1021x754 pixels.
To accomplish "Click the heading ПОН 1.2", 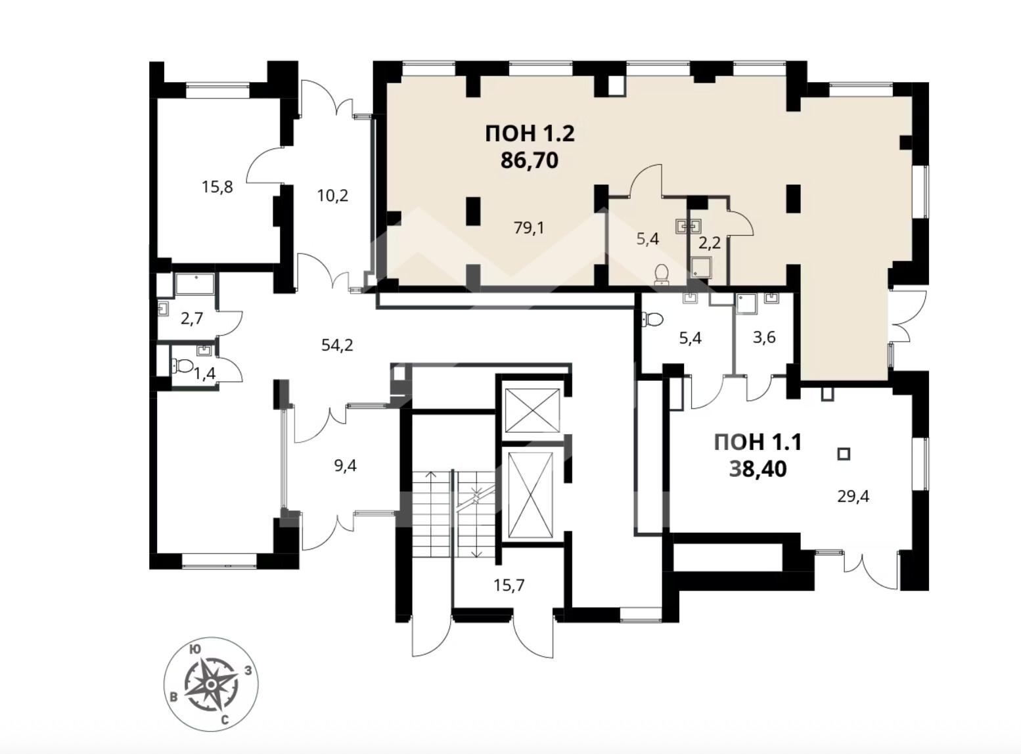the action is pyautogui.click(x=530, y=134).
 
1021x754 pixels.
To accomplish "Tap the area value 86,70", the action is pyautogui.click(x=530, y=161).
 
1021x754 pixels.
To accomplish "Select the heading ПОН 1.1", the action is pyautogui.click(x=758, y=443).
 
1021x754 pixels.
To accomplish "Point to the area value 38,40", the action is pyautogui.click(x=758, y=470).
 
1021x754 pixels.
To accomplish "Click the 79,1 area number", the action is pyautogui.click(x=529, y=227).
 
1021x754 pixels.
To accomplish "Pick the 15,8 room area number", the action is pyautogui.click(x=217, y=187).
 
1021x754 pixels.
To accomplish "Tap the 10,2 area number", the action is pyautogui.click(x=333, y=196).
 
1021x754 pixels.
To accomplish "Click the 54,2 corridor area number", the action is pyautogui.click(x=338, y=345).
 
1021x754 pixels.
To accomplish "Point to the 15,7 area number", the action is pyautogui.click(x=509, y=585).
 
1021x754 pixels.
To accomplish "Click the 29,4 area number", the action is pyautogui.click(x=853, y=497).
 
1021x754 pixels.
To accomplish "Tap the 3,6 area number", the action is pyautogui.click(x=764, y=338).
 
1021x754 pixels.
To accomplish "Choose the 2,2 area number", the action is pyautogui.click(x=710, y=243).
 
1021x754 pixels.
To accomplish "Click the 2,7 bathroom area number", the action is pyautogui.click(x=191, y=319).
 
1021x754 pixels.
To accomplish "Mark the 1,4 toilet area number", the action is pyautogui.click(x=204, y=374).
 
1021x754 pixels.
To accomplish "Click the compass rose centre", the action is pyautogui.click(x=211, y=684).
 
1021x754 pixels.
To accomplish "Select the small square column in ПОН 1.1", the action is pyautogui.click(x=844, y=455).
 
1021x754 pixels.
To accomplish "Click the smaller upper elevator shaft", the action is pyautogui.click(x=532, y=410).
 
